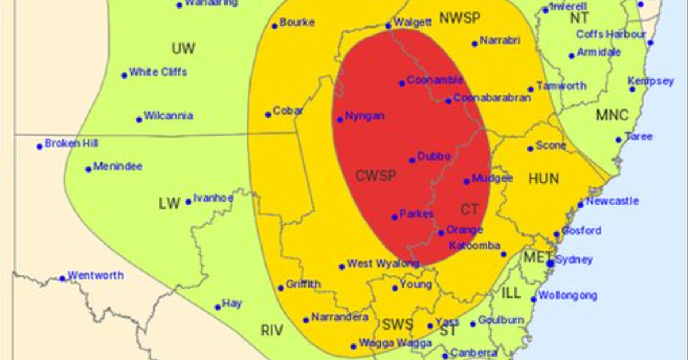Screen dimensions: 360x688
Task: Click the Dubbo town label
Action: point(434,156)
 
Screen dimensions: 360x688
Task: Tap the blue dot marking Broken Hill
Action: point(40,146)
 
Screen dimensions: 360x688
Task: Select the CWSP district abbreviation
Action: point(376,176)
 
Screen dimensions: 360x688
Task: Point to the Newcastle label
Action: point(612,201)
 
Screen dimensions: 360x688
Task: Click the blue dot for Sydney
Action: point(550,263)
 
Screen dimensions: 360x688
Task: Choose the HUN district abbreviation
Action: point(544,179)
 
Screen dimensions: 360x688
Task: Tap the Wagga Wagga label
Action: point(395,343)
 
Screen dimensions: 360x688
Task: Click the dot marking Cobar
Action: point(268,115)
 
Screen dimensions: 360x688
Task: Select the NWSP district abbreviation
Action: point(459,18)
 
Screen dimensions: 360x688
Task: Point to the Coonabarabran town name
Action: point(492,97)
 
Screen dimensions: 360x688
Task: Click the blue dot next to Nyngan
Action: point(340,120)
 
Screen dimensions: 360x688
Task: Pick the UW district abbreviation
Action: point(183,49)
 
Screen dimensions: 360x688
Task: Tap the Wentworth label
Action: point(95,275)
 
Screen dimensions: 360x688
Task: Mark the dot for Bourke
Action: point(275,26)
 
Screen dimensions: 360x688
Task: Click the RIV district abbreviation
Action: point(273,331)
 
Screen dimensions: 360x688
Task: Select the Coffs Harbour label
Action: point(611,34)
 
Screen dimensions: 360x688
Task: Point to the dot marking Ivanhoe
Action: point(188,202)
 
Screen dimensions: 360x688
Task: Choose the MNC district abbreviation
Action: point(612,115)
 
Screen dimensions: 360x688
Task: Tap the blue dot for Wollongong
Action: point(534,299)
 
